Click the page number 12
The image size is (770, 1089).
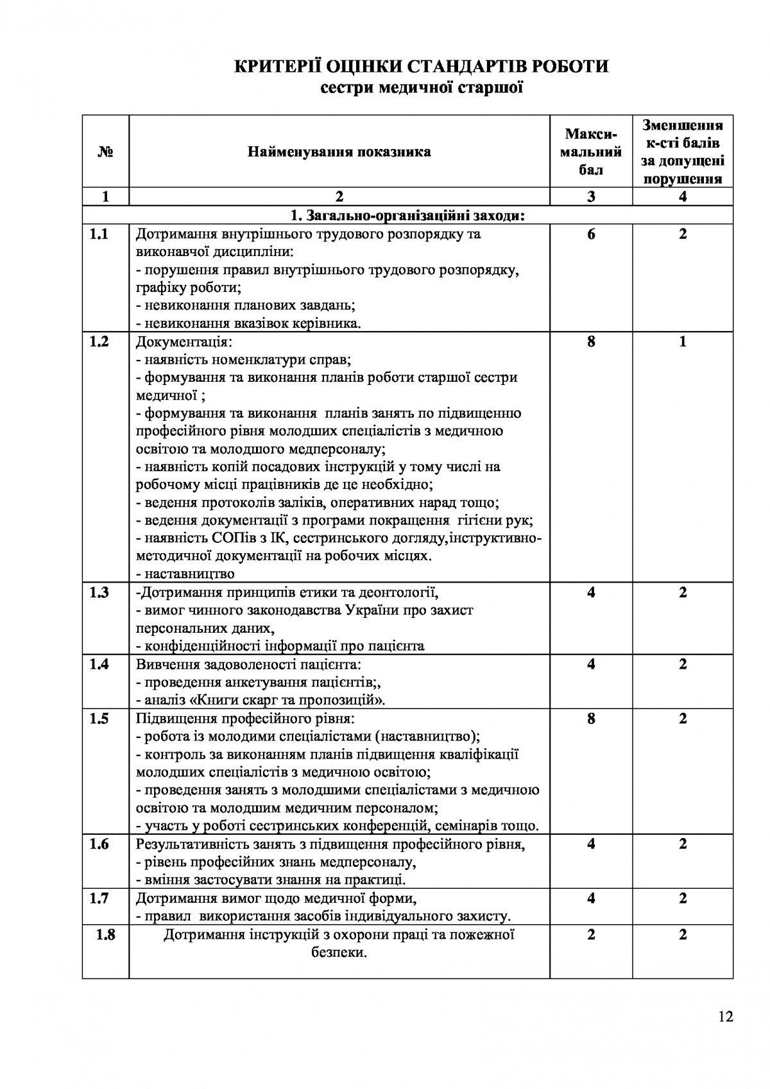[x=726, y=1016]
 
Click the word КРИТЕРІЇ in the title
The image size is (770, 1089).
[x=277, y=67]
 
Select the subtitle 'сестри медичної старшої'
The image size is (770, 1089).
[x=422, y=88]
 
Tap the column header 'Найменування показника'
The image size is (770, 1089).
[x=339, y=152]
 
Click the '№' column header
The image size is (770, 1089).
[x=106, y=152]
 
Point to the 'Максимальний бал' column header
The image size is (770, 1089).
[x=591, y=152]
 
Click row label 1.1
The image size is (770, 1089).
[x=99, y=234]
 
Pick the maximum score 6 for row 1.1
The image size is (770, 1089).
[x=591, y=234]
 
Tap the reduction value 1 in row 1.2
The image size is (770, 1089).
[x=683, y=342]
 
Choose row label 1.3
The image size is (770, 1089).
[x=99, y=592]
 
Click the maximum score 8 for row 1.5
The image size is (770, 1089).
[x=591, y=718]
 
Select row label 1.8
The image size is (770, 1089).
[x=105, y=934]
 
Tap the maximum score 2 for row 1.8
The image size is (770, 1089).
[x=591, y=934]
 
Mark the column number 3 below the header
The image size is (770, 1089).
[x=591, y=197]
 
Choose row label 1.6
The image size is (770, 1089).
[x=99, y=844]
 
